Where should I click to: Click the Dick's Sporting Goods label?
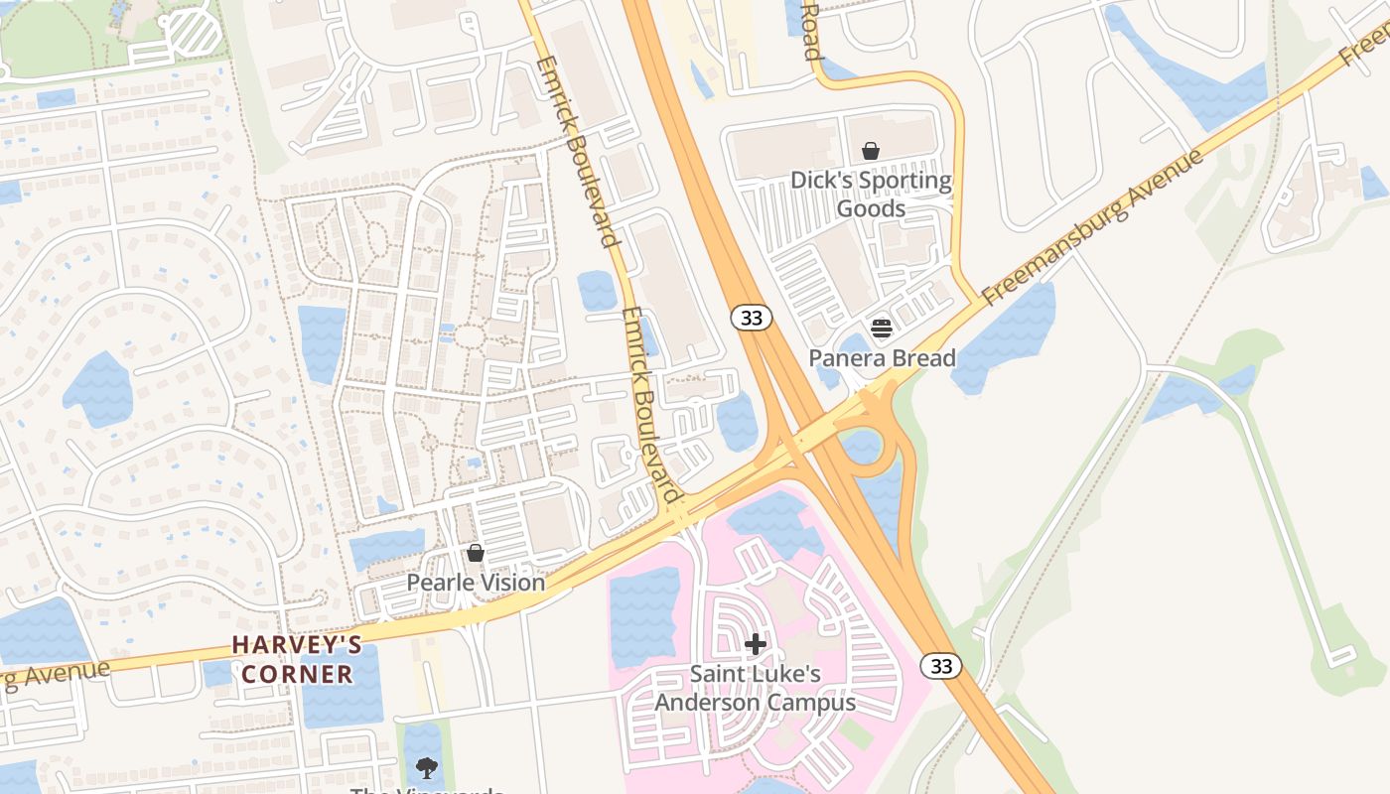click(x=871, y=195)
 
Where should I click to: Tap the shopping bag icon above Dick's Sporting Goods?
click(x=871, y=151)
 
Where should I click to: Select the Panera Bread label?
click(x=882, y=358)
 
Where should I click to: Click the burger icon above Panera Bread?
click(x=882, y=328)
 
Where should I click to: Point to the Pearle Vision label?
click(x=476, y=583)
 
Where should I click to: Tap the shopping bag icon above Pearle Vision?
click(x=476, y=553)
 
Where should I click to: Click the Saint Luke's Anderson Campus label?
click(x=755, y=689)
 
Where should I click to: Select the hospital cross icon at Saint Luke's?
click(x=756, y=644)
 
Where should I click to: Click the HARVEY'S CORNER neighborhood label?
click(x=297, y=659)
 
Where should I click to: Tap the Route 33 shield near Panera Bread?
click(x=751, y=318)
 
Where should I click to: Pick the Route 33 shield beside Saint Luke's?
click(x=940, y=666)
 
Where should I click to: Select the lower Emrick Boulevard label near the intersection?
click(x=651, y=405)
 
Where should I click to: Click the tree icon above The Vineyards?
click(x=427, y=767)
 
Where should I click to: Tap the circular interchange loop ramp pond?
click(x=861, y=446)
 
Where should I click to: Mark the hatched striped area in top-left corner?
click(x=194, y=32)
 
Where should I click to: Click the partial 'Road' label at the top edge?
click(x=811, y=30)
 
